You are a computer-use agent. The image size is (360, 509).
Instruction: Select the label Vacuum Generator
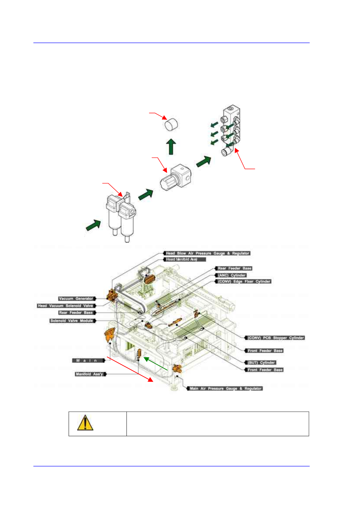tap(76, 299)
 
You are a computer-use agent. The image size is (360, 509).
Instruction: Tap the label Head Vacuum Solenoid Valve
tap(65, 306)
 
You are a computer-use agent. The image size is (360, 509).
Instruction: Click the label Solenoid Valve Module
tap(72, 321)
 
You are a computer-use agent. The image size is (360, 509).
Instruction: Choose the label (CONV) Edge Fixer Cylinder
tap(244, 281)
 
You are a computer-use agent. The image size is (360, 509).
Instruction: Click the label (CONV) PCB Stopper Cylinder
tap(276, 338)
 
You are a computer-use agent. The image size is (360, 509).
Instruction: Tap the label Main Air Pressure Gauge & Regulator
tap(226, 388)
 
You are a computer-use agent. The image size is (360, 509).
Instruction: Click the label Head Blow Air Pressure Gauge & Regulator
tap(208, 253)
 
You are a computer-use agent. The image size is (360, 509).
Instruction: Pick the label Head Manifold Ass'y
tap(182, 259)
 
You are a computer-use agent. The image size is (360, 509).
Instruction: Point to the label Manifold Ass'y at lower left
tap(89, 374)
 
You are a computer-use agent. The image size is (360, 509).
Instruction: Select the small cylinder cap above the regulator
tap(171, 124)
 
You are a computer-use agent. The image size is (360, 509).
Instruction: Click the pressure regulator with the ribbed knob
tap(175, 178)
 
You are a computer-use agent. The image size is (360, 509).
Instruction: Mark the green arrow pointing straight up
tap(171, 147)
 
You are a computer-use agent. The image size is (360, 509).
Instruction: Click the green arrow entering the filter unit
tap(93, 225)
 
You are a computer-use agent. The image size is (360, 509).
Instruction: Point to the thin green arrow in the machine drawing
tap(155, 364)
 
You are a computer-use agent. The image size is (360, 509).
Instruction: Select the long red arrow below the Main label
tap(130, 369)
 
